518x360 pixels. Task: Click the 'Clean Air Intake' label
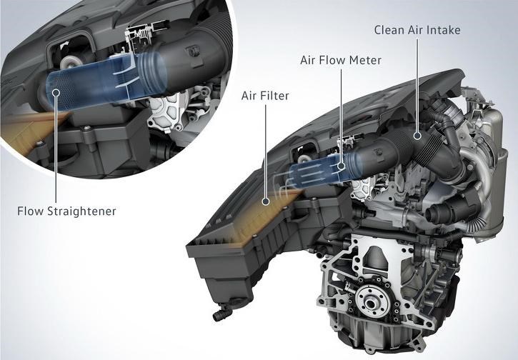(x=417, y=30)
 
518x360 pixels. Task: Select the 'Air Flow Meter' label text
(x=341, y=60)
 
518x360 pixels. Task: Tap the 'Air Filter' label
(x=265, y=96)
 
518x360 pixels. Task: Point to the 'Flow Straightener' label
(x=66, y=211)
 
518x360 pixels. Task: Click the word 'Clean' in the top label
(x=389, y=30)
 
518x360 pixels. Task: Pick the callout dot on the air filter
(x=265, y=201)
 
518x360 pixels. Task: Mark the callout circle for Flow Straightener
(x=56, y=92)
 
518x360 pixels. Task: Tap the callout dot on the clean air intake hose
(x=417, y=135)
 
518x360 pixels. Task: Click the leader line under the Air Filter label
(x=266, y=151)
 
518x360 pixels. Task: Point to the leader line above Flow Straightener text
(x=56, y=149)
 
